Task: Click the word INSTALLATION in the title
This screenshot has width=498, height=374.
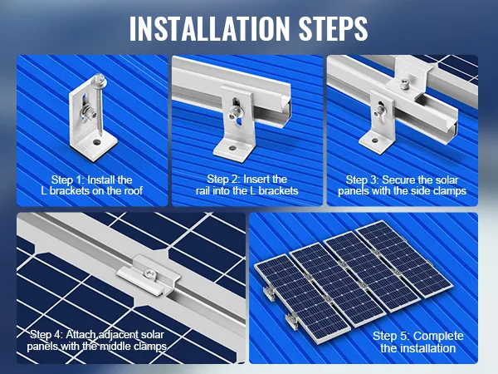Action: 210,28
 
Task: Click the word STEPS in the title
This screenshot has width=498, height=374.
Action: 333,28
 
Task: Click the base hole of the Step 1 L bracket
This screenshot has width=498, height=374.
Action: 96,142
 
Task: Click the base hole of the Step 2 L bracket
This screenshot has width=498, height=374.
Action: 232,149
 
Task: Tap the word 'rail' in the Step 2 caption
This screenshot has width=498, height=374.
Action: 203,190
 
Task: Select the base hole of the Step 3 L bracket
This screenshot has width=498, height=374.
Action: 375,140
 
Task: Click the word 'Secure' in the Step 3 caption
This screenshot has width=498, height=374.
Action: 398,180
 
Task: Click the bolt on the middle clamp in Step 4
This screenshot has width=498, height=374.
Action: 149,273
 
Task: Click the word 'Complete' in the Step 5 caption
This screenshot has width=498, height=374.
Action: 438,336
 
